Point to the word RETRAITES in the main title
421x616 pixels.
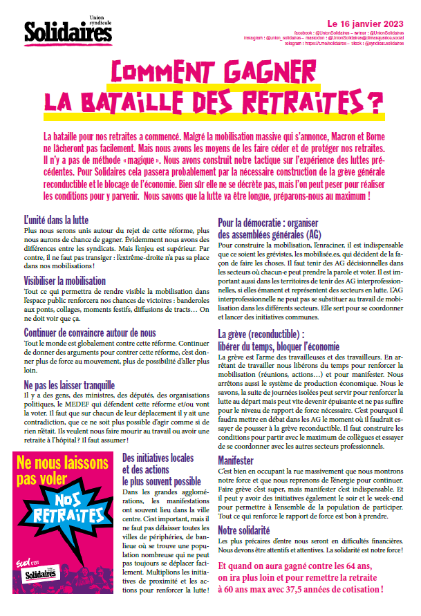(x=326, y=100)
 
